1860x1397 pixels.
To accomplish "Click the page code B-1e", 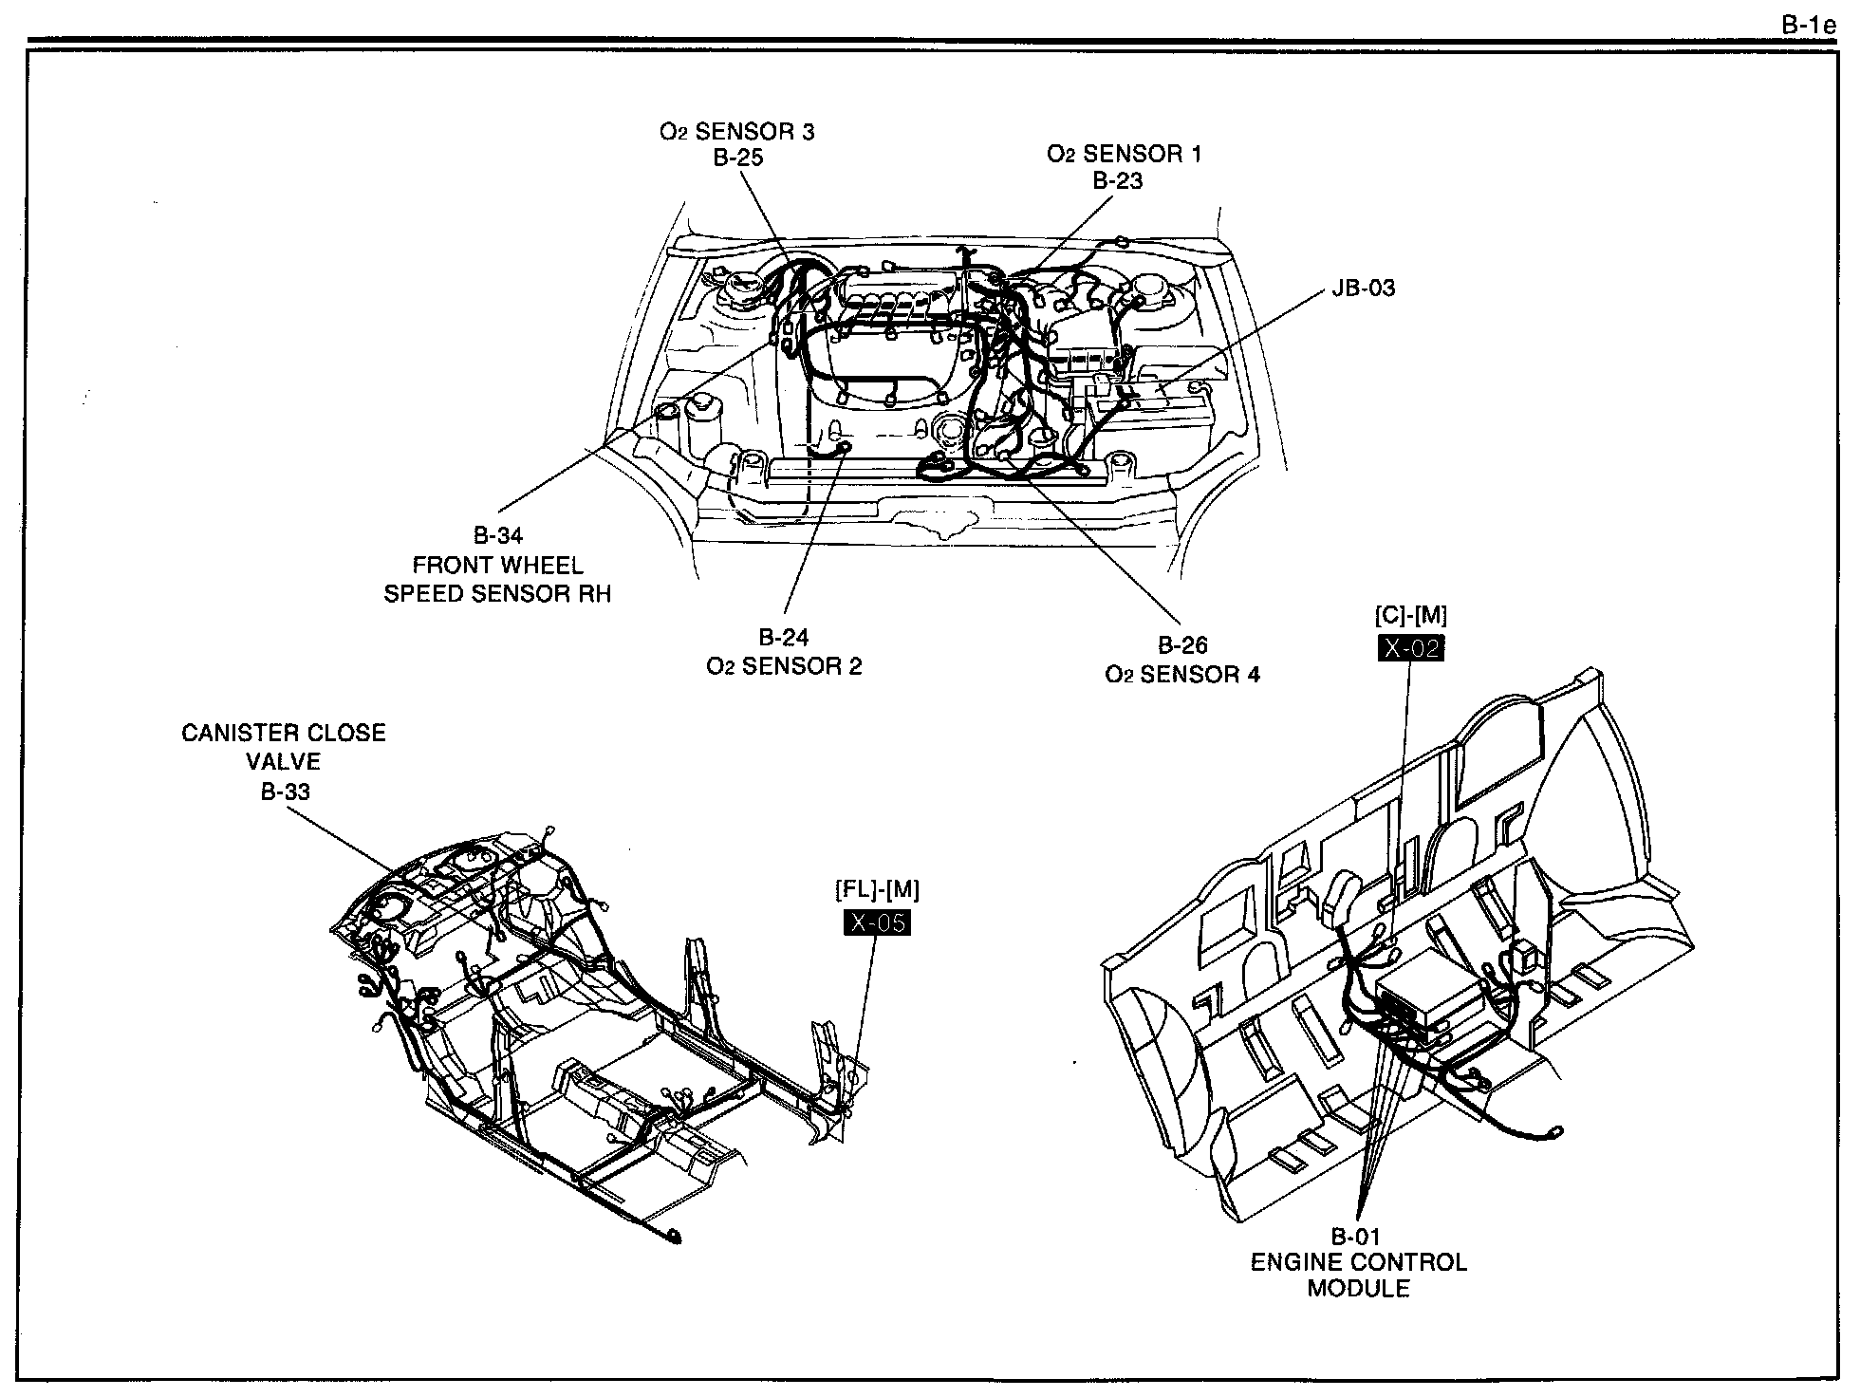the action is [1809, 27].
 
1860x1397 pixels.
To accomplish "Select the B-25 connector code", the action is [738, 158].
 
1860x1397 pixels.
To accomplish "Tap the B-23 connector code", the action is [1118, 180].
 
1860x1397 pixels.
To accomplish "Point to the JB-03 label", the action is [1364, 289].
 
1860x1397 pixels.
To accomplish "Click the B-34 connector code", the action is [498, 536].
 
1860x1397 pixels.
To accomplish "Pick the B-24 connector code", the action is [784, 638].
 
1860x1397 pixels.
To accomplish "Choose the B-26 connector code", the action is [1182, 645].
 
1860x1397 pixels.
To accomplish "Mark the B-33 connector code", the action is [286, 792].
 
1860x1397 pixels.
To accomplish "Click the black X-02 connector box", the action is [1410, 648].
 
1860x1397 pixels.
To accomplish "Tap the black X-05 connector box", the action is [877, 922].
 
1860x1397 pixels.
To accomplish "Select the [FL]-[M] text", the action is [877, 890].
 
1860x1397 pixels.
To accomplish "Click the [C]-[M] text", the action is [1411, 616].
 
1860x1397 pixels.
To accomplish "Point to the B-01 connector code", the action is [1355, 1237].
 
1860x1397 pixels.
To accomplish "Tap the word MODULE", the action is [1358, 1289].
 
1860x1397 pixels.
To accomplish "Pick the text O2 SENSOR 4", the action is [1182, 675].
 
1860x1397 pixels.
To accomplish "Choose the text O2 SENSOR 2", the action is [784, 666].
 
